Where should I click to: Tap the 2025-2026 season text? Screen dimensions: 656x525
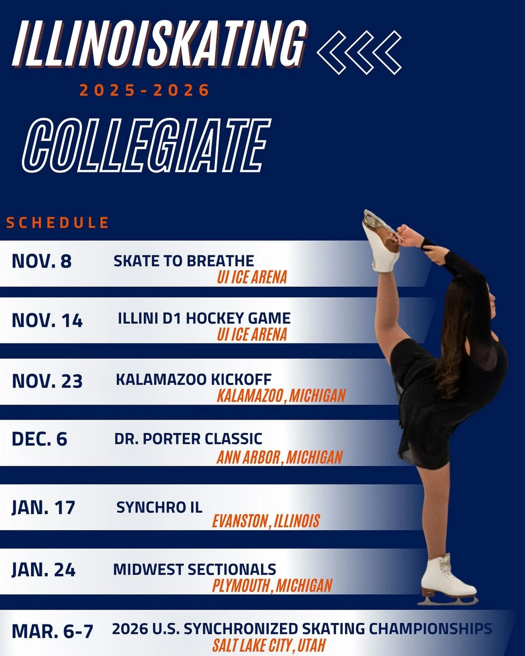coord(144,91)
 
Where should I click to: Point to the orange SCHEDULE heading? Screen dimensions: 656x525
coord(58,223)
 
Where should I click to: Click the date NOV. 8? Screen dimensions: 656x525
coord(42,261)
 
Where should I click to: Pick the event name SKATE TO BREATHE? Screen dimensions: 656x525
coord(184,261)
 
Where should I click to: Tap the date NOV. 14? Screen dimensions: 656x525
coord(47,321)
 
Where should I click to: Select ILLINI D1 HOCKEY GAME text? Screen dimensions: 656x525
coord(204,318)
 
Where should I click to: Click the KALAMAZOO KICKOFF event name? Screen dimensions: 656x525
coord(193,379)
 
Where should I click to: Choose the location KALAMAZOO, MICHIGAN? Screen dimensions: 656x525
coord(281,396)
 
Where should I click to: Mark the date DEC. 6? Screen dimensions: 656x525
coord(39,439)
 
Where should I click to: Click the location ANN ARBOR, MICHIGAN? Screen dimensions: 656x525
coord(279,457)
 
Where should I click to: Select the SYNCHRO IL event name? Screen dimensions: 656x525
coord(159,507)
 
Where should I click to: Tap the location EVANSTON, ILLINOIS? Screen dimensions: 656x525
coord(266,521)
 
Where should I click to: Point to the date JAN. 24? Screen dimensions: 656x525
coord(43,570)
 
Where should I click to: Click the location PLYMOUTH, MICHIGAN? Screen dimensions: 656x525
coord(272,586)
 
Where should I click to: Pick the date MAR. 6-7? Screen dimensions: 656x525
coord(52,631)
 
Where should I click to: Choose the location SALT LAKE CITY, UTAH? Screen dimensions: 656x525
coord(268,646)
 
